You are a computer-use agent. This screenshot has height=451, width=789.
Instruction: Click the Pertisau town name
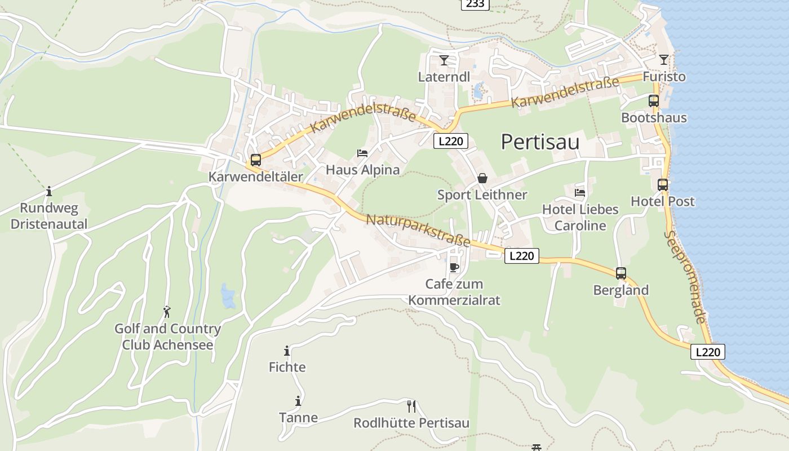coord(540,142)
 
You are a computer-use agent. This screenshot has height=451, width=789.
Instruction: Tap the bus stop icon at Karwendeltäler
coord(256,160)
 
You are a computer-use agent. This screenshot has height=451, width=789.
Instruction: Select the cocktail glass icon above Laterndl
coord(444,60)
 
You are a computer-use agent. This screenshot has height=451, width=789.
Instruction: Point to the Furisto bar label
coord(664,77)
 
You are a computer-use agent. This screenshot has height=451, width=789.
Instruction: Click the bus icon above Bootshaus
coord(654,101)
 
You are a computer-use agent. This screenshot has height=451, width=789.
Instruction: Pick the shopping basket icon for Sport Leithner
coord(482,178)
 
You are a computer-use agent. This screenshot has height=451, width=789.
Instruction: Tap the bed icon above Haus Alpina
coord(362,153)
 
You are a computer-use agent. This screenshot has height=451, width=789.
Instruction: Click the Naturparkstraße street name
coord(418,229)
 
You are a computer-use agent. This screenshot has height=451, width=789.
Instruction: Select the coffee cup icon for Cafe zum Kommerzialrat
coord(454,267)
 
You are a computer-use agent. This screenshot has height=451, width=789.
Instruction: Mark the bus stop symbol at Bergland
coord(621,273)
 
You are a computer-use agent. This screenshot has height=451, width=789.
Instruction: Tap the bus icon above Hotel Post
coord(663,184)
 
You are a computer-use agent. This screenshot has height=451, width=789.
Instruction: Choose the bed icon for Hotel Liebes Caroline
coord(580,192)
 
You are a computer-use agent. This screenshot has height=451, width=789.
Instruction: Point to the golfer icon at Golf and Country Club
coord(167,311)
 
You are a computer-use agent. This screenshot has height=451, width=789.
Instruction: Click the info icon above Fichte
coord(287,351)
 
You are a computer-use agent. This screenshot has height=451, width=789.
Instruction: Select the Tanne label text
coord(298,418)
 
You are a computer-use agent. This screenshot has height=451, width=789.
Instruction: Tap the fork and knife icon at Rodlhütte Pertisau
coord(411,406)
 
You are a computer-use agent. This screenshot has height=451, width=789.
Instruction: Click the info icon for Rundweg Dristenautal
coord(49,191)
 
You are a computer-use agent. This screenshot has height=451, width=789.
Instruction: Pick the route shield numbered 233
coord(475,4)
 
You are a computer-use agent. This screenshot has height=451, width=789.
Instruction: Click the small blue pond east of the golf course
coord(228,297)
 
